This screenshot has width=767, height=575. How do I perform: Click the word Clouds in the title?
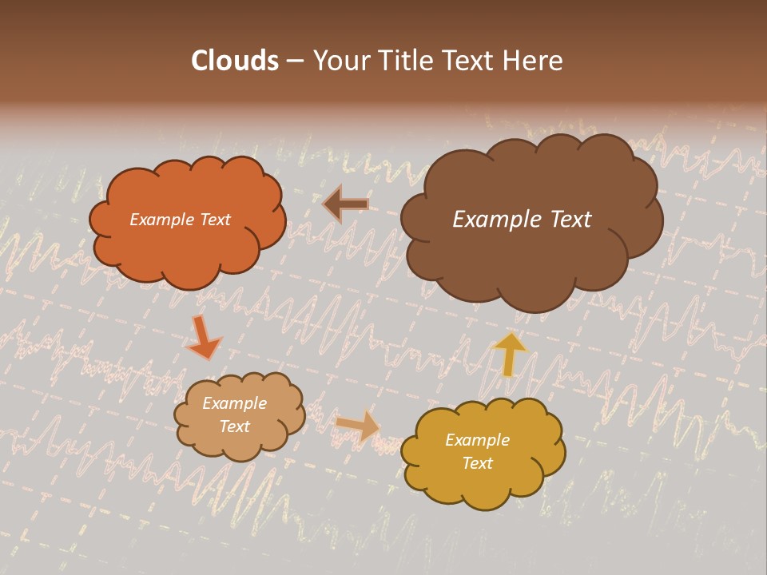pos(235,61)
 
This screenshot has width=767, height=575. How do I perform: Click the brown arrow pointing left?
pos(345,204)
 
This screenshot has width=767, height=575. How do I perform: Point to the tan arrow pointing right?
pos(357,426)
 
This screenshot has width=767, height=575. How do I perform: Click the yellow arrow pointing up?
pos(510,353)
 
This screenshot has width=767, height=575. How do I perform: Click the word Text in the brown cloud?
pos(566,220)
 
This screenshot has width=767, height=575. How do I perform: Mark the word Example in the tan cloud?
pos(234,403)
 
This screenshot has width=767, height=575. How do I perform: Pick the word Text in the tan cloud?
pos(234,426)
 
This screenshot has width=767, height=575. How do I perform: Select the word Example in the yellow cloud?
pos(477,440)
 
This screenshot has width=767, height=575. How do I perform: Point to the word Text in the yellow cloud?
pos(477,463)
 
